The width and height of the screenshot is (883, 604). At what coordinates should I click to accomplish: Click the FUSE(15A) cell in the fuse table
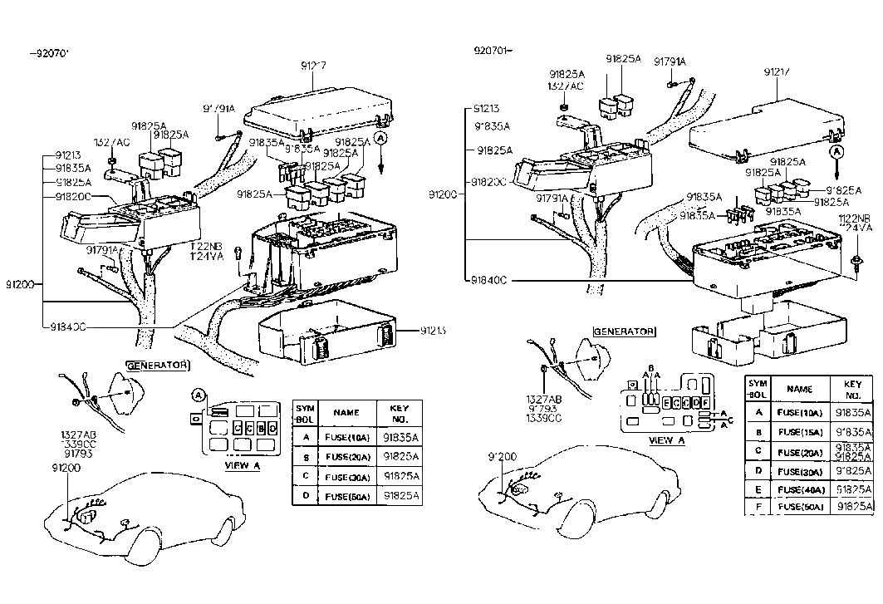pos(799,432)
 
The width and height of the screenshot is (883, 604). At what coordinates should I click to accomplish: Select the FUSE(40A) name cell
pos(799,489)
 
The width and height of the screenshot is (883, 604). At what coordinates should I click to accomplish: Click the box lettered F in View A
pos(705,402)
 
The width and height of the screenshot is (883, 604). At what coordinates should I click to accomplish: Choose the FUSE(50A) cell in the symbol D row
pos(347,495)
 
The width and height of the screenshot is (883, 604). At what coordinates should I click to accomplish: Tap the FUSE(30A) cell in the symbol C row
pos(347,477)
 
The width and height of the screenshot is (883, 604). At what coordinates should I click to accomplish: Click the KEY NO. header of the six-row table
pos(852,389)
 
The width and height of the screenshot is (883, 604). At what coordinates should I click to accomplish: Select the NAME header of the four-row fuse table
pos(346,412)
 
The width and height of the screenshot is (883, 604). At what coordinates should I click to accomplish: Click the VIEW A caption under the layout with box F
pos(666,440)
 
